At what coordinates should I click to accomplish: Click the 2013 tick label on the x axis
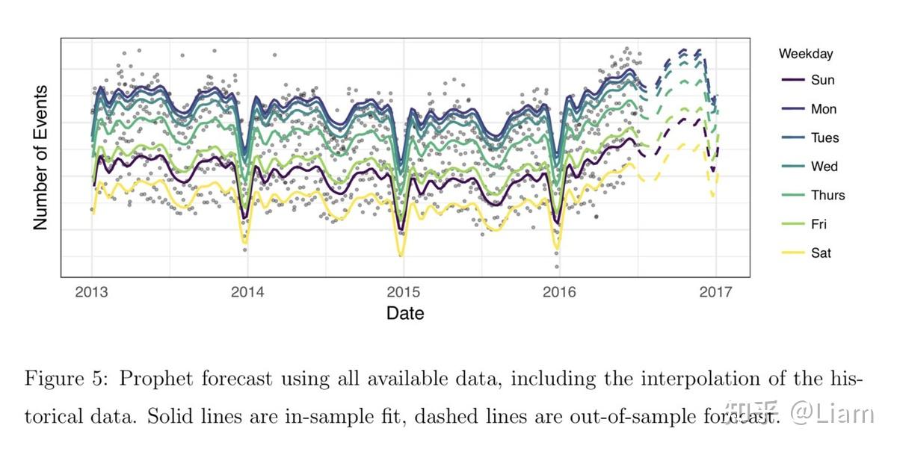(92, 292)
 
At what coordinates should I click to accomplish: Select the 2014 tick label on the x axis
(247, 292)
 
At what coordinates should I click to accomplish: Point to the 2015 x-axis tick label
(404, 292)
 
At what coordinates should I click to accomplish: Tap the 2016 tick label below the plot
(560, 292)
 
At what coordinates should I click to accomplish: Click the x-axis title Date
(405, 314)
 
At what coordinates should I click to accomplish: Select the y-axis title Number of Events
(41, 158)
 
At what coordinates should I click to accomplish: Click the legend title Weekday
(806, 54)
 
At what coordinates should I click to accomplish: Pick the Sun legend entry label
(822, 81)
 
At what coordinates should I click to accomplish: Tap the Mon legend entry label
(824, 109)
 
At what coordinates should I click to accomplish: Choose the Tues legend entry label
(825, 138)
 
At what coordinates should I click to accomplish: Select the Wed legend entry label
(824, 167)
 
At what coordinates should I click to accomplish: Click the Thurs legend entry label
(828, 196)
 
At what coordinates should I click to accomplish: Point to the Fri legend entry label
(819, 224)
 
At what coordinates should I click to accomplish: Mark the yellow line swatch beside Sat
(792, 253)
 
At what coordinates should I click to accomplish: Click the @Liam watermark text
(832, 413)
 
